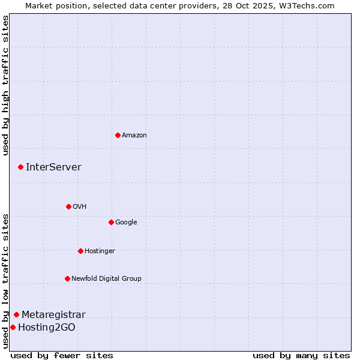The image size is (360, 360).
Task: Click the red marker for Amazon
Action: [118, 135]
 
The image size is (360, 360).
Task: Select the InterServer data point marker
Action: [20, 167]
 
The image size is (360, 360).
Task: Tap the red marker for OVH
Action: [68, 206]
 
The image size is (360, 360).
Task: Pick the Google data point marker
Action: [111, 222]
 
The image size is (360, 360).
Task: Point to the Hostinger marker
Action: [80, 251]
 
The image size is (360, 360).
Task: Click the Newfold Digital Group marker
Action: [67, 278]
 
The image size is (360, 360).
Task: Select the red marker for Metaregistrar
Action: [16, 314]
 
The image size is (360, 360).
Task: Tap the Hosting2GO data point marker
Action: [13, 327]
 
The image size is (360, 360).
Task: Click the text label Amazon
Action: [134, 135]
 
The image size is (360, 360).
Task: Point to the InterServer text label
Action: [53, 167]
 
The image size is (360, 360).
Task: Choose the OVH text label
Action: [80, 206]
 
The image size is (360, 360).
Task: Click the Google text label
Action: [126, 222]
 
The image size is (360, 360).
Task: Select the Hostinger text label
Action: [100, 251]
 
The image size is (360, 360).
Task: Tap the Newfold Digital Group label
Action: [106, 278]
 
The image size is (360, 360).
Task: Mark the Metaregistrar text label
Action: [53, 315]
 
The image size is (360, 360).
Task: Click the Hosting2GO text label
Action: [47, 328]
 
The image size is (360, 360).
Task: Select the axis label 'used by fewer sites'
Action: [62, 355]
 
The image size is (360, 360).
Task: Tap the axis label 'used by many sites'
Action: [301, 355]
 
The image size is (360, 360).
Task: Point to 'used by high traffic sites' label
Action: [5, 85]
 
